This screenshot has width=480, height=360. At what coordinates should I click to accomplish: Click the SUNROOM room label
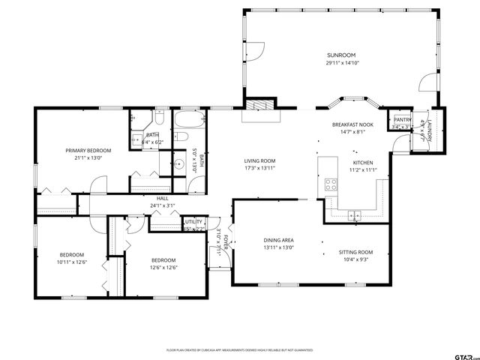340,55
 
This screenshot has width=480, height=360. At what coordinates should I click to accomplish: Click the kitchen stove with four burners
330,184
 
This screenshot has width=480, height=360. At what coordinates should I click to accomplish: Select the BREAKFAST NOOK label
352,124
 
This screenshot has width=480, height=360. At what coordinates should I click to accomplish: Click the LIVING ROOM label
259,161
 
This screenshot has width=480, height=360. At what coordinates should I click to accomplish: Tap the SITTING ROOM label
355,252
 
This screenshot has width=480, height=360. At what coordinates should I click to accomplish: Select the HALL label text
162,199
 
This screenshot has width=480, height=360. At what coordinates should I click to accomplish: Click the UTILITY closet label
193,222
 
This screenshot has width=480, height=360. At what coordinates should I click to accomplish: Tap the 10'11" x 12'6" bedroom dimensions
72,262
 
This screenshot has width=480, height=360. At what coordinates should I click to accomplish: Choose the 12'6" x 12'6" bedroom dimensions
163,268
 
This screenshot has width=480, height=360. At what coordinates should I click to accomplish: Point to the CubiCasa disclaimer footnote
240,349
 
